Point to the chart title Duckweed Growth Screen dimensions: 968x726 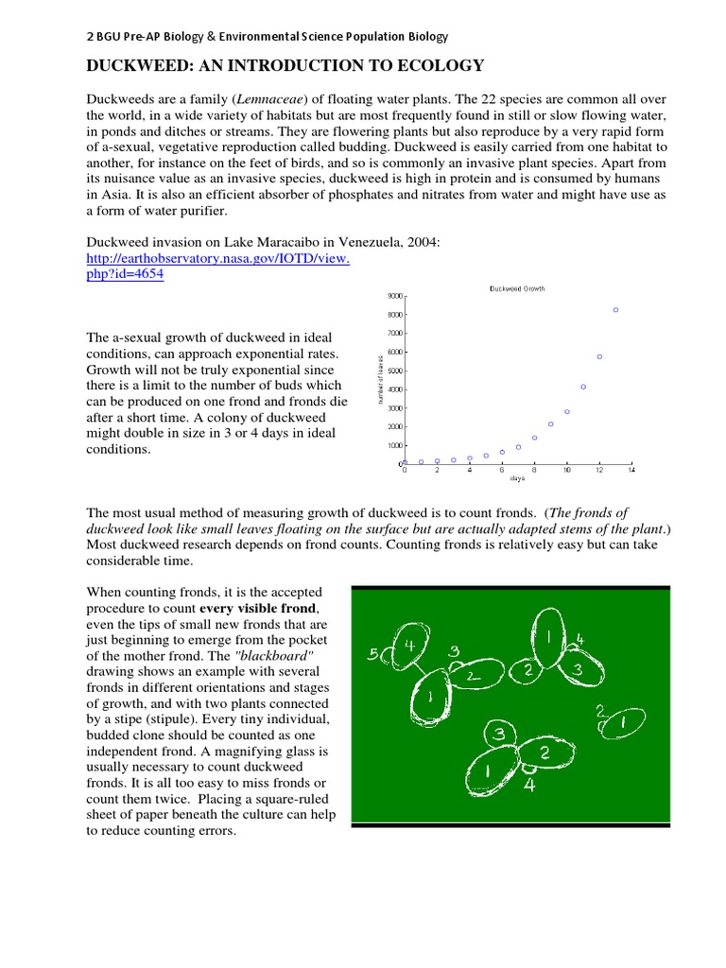[517, 288]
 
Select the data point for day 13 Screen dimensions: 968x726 [615, 310]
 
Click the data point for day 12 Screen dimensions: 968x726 [599, 356]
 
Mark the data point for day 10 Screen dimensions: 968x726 [567, 411]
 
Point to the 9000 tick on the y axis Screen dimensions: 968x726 [394, 296]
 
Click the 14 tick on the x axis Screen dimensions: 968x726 [631, 470]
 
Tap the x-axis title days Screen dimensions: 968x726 [517, 479]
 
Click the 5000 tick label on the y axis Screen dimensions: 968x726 [394, 371]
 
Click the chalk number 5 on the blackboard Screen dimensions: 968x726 [373, 653]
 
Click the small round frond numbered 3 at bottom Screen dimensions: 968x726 [498, 735]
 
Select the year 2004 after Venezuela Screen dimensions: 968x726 [423, 243]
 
